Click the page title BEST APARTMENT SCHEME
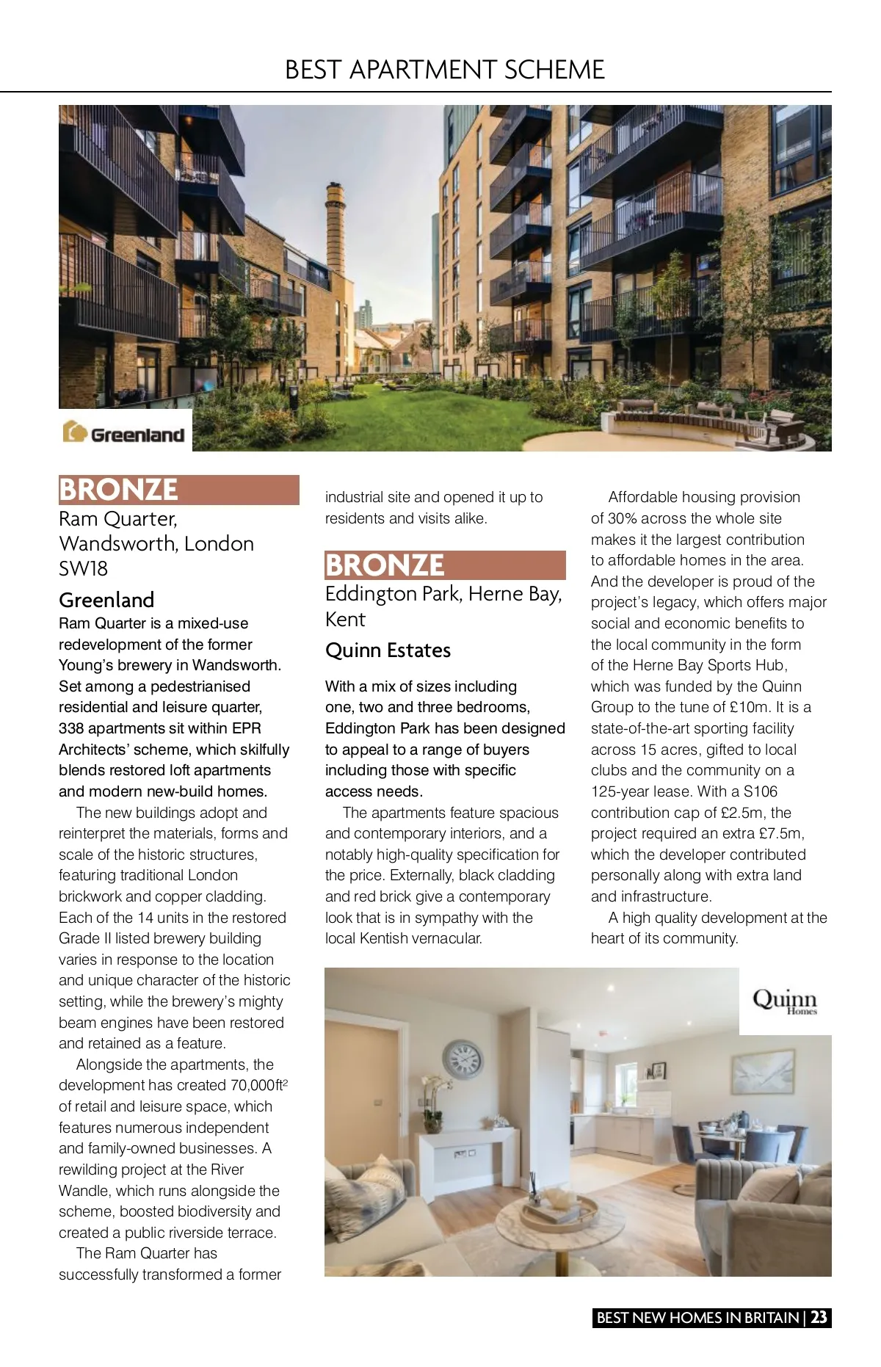point(444,70)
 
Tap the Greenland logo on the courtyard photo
point(125,432)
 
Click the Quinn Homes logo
point(784,1001)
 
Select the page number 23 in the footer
point(819,1317)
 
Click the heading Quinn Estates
point(388,650)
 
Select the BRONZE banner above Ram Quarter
point(178,490)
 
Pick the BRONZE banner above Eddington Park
point(445,565)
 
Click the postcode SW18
point(83,569)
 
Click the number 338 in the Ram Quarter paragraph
point(71,728)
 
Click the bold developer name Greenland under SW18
point(106,600)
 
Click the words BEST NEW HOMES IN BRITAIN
point(697,1317)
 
